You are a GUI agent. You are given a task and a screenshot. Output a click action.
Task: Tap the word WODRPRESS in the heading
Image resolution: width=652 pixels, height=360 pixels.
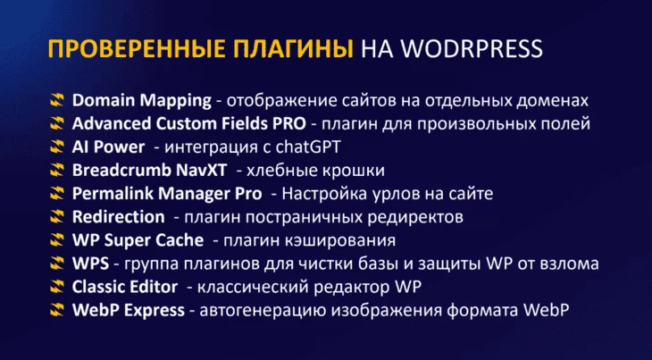[x=471, y=48]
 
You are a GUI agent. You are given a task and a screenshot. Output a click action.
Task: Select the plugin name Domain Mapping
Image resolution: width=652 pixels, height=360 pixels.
[x=142, y=101]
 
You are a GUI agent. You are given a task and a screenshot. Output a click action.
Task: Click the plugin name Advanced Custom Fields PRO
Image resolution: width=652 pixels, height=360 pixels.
[x=188, y=124]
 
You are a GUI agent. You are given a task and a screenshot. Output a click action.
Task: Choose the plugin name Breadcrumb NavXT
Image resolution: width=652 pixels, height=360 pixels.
[x=150, y=171]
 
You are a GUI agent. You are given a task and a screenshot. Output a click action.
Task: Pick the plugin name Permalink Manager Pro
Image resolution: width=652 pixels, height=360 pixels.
[x=167, y=194]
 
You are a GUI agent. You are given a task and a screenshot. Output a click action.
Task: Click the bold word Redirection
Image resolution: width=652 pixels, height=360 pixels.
[x=119, y=217]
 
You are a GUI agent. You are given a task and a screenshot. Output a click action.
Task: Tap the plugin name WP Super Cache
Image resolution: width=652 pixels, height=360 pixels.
[x=138, y=240]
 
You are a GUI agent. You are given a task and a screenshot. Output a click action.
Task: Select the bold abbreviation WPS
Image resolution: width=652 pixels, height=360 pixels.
[x=90, y=264]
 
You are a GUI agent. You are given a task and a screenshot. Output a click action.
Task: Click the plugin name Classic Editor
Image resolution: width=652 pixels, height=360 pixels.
[x=125, y=287]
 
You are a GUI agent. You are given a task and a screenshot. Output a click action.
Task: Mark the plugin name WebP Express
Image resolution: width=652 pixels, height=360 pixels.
[x=129, y=311]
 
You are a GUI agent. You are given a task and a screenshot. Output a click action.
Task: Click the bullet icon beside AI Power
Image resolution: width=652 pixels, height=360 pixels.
[x=57, y=147]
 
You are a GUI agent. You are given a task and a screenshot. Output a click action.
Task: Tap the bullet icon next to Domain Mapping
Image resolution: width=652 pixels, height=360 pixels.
[x=57, y=100]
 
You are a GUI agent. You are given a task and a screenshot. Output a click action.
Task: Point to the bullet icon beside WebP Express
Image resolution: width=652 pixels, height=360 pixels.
[x=57, y=310]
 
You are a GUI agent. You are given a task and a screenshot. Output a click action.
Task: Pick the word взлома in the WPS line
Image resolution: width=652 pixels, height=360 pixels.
[x=569, y=264]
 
